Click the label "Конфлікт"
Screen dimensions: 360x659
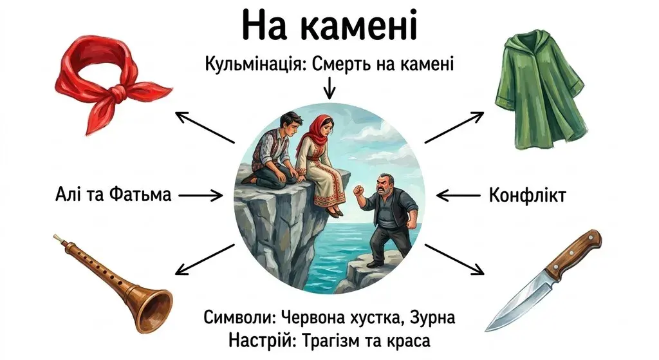(527, 194)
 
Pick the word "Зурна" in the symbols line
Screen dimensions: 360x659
(432, 317)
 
